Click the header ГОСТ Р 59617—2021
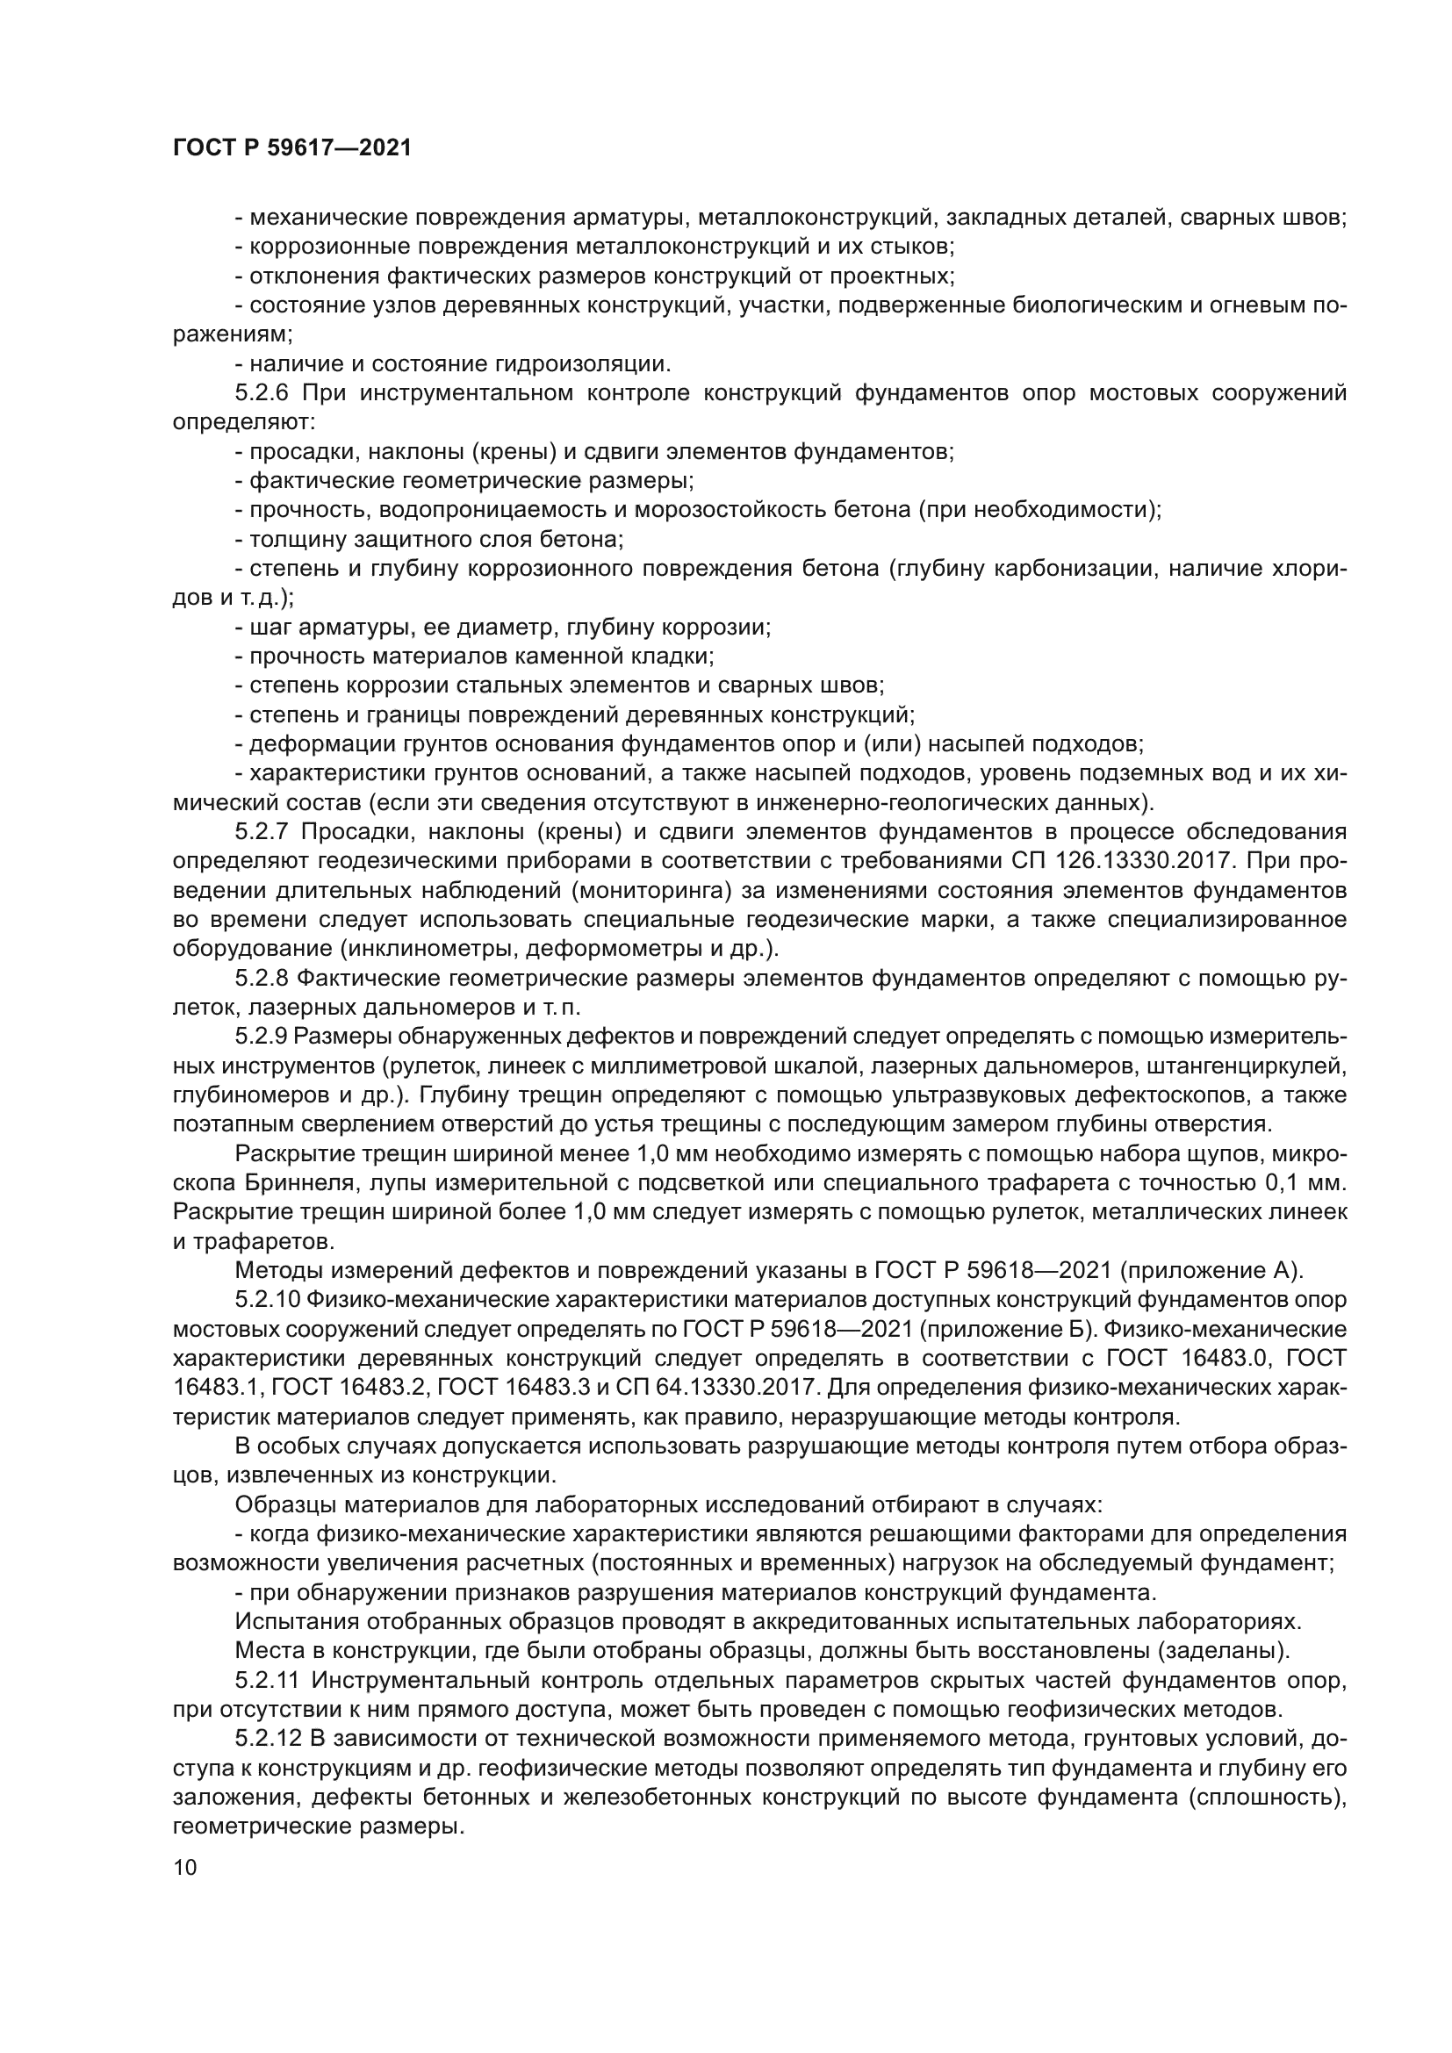[x=291, y=148]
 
